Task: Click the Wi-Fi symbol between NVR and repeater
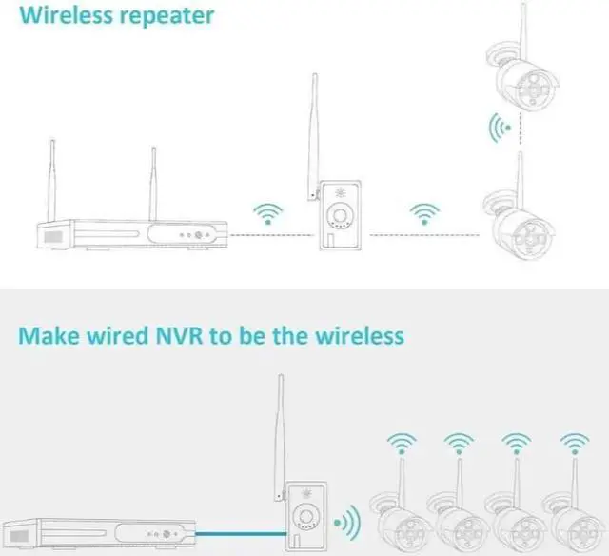[269, 214]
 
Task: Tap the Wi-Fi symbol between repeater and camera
[422, 214]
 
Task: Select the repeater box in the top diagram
[341, 213]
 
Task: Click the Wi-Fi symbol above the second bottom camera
[458, 444]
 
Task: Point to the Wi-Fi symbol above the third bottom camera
[515, 444]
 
